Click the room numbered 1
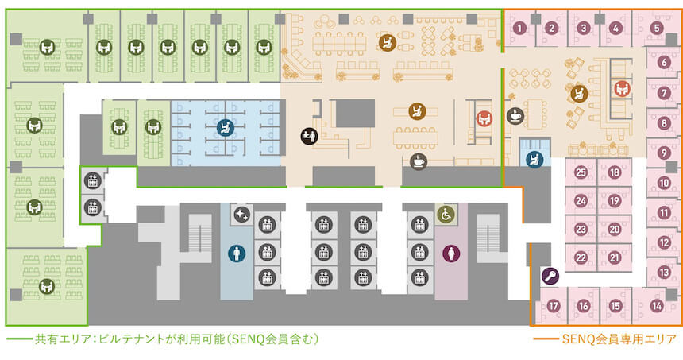(x=519, y=29)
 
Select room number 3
(x=583, y=29)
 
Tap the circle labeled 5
(x=656, y=29)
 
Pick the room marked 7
(x=663, y=93)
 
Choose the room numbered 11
(x=663, y=212)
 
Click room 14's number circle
(x=656, y=305)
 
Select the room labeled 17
(x=554, y=305)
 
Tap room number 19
(x=614, y=201)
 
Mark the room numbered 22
(x=581, y=257)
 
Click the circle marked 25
(x=581, y=172)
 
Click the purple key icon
(x=549, y=277)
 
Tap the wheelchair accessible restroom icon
(x=445, y=215)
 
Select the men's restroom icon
(x=236, y=254)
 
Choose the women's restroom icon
(x=450, y=254)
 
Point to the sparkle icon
(x=241, y=215)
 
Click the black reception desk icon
(x=310, y=136)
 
